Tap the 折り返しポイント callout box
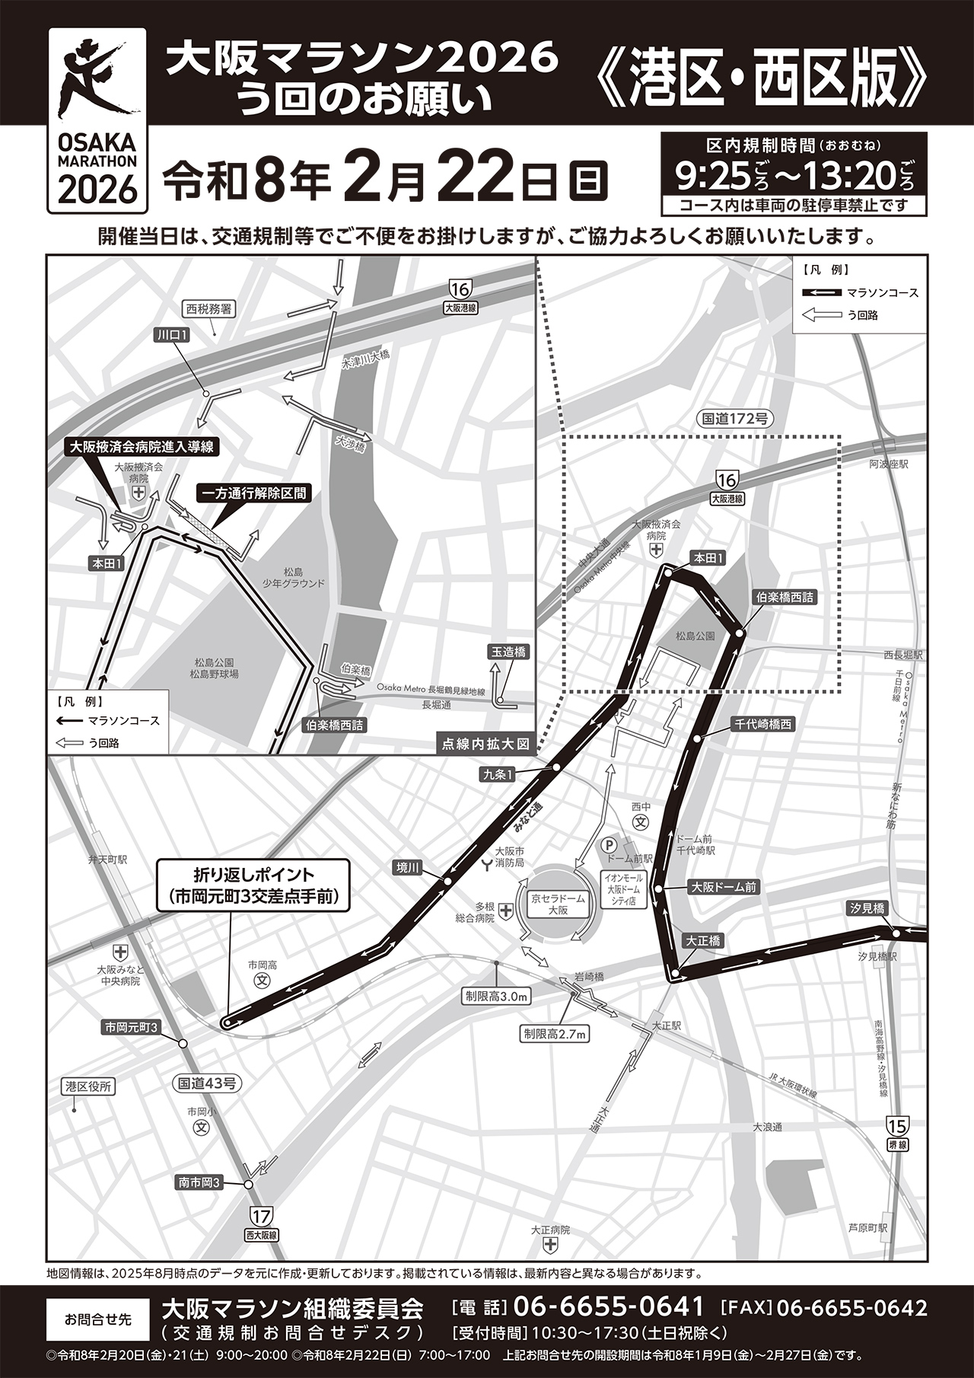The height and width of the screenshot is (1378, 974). (x=253, y=885)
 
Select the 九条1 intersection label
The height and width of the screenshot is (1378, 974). (x=498, y=774)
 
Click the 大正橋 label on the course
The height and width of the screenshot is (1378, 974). (x=702, y=941)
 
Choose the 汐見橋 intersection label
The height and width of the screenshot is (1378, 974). (x=868, y=908)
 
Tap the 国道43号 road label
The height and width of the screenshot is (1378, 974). (x=206, y=1082)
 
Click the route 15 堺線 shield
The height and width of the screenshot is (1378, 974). (x=897, y=1125)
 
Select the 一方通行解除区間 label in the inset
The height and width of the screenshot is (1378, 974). (x=253, y=493)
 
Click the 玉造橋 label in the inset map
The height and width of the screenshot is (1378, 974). (x=508, y=652)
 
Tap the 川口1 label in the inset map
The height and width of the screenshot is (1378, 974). (x=173, y=335)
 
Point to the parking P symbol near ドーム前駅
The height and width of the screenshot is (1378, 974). (x=608, y=844)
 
